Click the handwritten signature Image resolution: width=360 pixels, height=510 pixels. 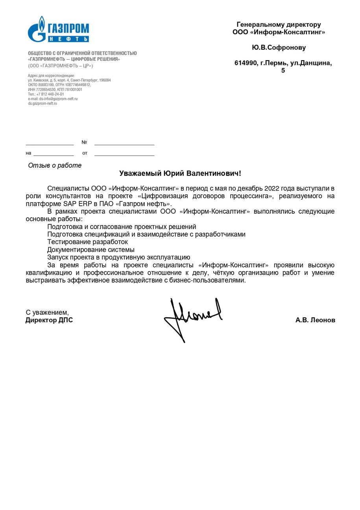coord(193,317)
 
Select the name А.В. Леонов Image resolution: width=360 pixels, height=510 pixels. coord(315,320)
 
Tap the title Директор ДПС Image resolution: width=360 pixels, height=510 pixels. coord(49,320)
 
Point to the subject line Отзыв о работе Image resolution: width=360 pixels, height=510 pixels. coord(55,165)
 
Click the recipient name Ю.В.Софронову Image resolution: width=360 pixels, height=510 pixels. coord(279,48)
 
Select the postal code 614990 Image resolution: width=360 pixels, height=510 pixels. coord(246,63)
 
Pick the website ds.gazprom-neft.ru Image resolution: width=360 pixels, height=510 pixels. coord(42,104)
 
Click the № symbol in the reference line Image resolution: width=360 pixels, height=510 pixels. coord(84,142)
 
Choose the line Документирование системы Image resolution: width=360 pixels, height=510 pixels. coord(90,249)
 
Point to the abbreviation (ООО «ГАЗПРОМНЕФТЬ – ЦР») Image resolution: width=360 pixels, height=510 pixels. coord(60,66)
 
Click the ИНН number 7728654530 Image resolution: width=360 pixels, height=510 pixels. coord(43,90)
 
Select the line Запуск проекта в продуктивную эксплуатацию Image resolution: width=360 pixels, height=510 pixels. coord(118,257)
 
